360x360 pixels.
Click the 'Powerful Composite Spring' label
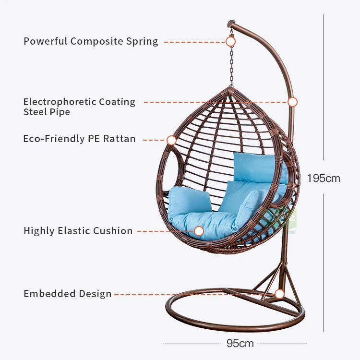coord(91,41)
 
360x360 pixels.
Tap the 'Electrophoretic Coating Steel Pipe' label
coord(79,107)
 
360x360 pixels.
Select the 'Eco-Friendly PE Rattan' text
coord(79,139)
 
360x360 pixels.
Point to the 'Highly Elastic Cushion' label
coord(78,231)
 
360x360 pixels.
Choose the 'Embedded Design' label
coord(67,294)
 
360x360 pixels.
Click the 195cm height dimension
coord(324,179)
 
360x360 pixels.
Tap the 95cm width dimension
coord(240,344)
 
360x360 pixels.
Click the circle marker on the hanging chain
coord(230,42)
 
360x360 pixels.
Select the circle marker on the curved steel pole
coord(292,102)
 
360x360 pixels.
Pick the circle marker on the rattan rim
coord(171,140)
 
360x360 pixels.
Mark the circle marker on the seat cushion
coord(199,231)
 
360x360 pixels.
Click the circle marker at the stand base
coord(279,294)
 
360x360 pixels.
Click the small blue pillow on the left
coord(189,200)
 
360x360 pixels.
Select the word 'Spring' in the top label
coord(142,41)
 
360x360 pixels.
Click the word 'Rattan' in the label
coord(120,139)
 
